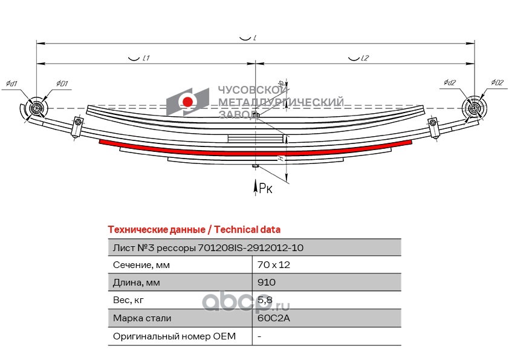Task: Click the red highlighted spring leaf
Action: [255, 152]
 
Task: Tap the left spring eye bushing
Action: [37, 108]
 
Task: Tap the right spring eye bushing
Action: [473, 108]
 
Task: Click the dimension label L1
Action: [146, 58]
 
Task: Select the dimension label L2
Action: [365, 58]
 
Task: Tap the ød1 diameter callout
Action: [11, 83]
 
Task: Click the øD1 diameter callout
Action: [62, 83]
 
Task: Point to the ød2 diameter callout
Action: [450, 82]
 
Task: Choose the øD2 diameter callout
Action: [497, 82]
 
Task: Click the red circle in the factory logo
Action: [187, 102]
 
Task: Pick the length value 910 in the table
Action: [266, 282]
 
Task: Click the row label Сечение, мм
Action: [141, 265]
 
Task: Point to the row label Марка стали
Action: [142, 318]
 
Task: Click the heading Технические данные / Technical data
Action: [194, 230]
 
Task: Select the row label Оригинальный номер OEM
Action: [174, 336]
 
